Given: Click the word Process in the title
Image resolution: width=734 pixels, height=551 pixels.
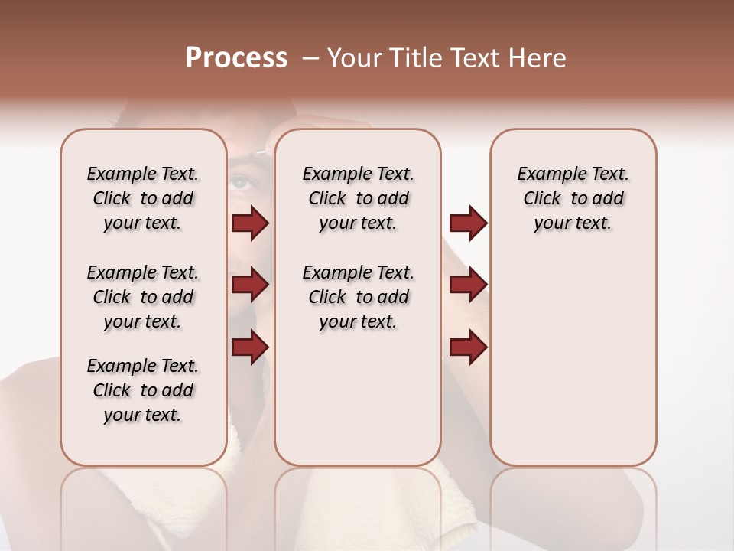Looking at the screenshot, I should click(x=236, y=58).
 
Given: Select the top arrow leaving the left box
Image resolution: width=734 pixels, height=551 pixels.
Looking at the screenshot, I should click(x=250, y=223).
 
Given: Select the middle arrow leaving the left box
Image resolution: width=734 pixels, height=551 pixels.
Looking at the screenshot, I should click(x=250, y=285).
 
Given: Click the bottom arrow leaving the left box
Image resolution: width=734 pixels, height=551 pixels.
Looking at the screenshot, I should click(x=250, y=346).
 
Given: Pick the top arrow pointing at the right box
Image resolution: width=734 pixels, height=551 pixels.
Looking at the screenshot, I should click(x=468, y=223).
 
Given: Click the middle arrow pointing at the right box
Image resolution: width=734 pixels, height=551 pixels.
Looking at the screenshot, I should click(x=468, y=285).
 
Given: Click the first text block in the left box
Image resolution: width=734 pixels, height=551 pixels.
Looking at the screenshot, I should click(x=143, y=198).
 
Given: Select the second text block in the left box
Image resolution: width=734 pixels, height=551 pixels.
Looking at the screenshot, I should click(x=143, y=297).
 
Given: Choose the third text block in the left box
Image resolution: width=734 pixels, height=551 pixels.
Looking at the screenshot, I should click(x=143, y=390).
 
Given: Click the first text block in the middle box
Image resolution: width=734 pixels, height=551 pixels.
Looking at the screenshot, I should click(x=358, y=198).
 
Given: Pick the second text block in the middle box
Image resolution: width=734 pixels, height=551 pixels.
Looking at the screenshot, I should click(x=358, y=297).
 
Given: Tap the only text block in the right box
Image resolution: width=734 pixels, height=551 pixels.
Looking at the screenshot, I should click(x=573, y=198).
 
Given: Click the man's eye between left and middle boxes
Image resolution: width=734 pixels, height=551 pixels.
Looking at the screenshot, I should click(x=241, y=183).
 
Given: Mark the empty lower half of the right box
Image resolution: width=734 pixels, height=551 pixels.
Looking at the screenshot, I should click(x=573, y=367).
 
